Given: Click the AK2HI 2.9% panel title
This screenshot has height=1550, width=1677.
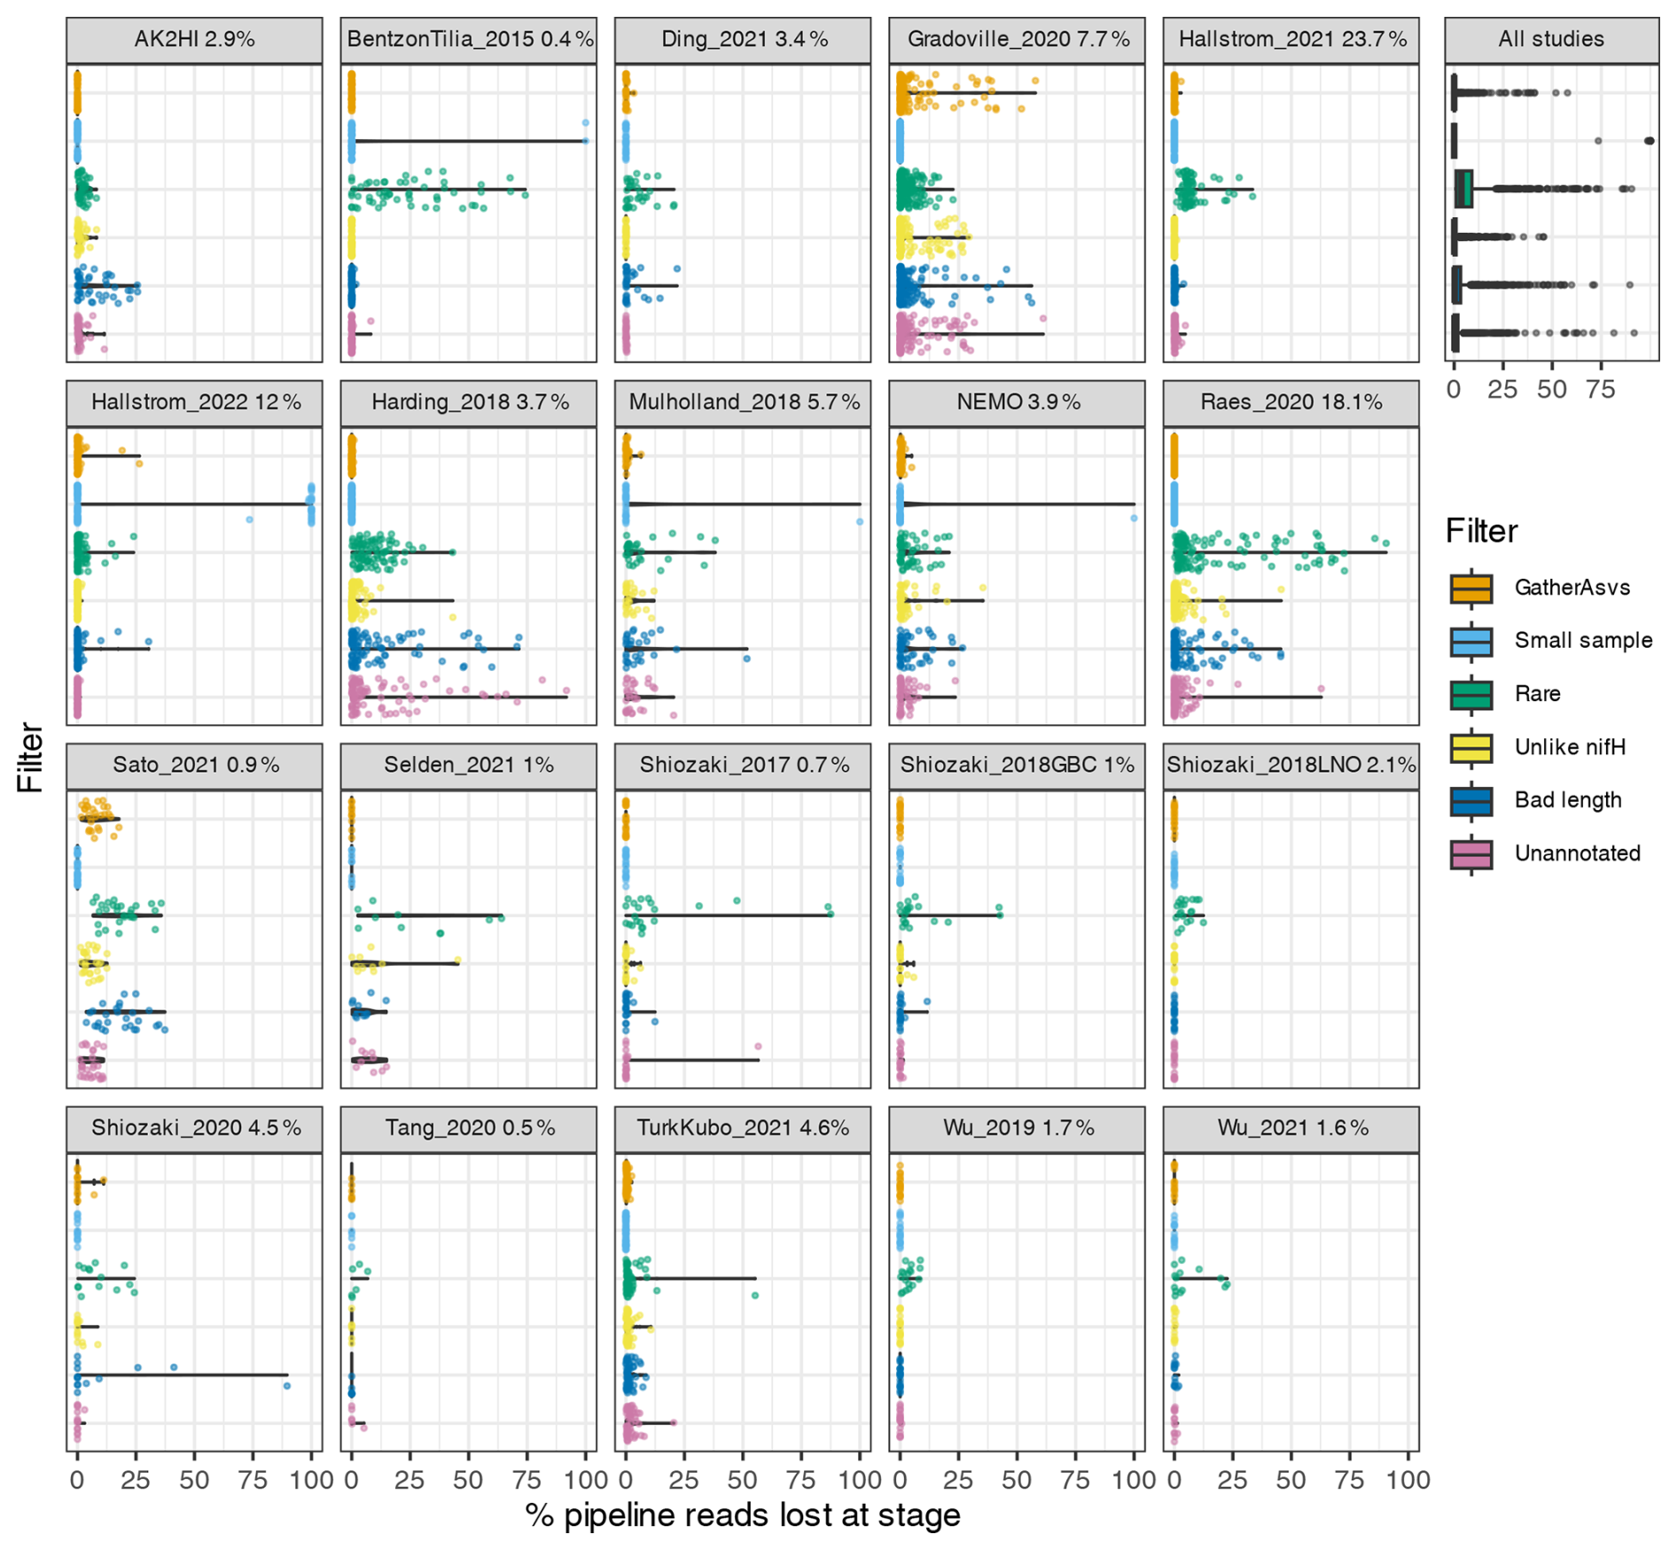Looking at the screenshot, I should pos(194,40).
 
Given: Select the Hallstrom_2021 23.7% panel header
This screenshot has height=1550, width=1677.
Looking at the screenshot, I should pos(1291,40).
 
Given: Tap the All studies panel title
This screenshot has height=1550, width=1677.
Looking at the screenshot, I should pos(1550,40).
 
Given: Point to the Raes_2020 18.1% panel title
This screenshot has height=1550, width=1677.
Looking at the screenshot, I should pos(1291,402).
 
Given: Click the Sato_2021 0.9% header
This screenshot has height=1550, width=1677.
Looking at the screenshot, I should pos(195,765).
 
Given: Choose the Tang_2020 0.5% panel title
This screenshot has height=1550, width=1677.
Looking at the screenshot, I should pos(469,1128).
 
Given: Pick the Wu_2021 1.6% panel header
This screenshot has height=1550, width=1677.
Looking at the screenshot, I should pos(1291,1128).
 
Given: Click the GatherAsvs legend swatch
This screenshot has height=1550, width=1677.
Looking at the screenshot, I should pos(1470,588).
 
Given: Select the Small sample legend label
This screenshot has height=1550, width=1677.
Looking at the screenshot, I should pos(1583,641).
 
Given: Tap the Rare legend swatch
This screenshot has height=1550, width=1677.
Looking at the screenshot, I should pos(1470,694).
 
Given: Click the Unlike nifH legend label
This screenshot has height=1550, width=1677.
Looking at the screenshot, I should pos(1570,747).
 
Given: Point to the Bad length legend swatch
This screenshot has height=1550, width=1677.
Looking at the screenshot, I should pos(1470,800).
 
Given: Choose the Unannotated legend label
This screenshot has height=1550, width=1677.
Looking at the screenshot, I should pos(1577,853).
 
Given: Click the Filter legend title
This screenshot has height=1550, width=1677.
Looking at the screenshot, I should pos(1481,531).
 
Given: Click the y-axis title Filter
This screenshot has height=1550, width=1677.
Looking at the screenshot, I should pos(31,757).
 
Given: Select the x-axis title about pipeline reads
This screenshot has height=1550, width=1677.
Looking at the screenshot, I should pos(743,1515).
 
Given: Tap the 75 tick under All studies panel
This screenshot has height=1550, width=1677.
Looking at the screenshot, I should pos(1600,389).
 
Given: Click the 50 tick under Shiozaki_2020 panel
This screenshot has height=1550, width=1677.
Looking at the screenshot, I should pos(194,1480).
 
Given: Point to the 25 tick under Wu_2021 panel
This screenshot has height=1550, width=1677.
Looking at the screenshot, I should pos(1232,1480).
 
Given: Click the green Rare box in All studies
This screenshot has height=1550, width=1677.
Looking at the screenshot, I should pos(1464,189).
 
